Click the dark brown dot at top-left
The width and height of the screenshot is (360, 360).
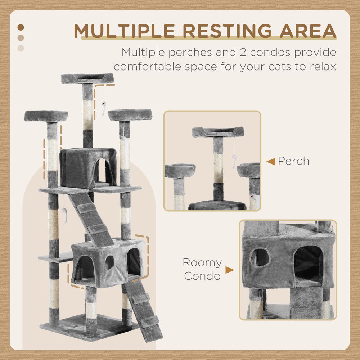(x=21, y=27)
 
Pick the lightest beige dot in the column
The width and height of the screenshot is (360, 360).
(x=21, y=48)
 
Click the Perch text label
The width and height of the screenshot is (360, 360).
(x=293, y=161)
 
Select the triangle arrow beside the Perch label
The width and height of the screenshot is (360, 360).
(x=271, y=162)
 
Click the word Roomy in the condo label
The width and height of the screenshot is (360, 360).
(x=202, y=262)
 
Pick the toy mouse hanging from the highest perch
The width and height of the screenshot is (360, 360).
(x=103, y=107)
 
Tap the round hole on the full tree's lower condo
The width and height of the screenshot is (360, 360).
(x=110, y=262)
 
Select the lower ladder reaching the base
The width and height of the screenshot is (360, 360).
(x=142, y=310)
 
